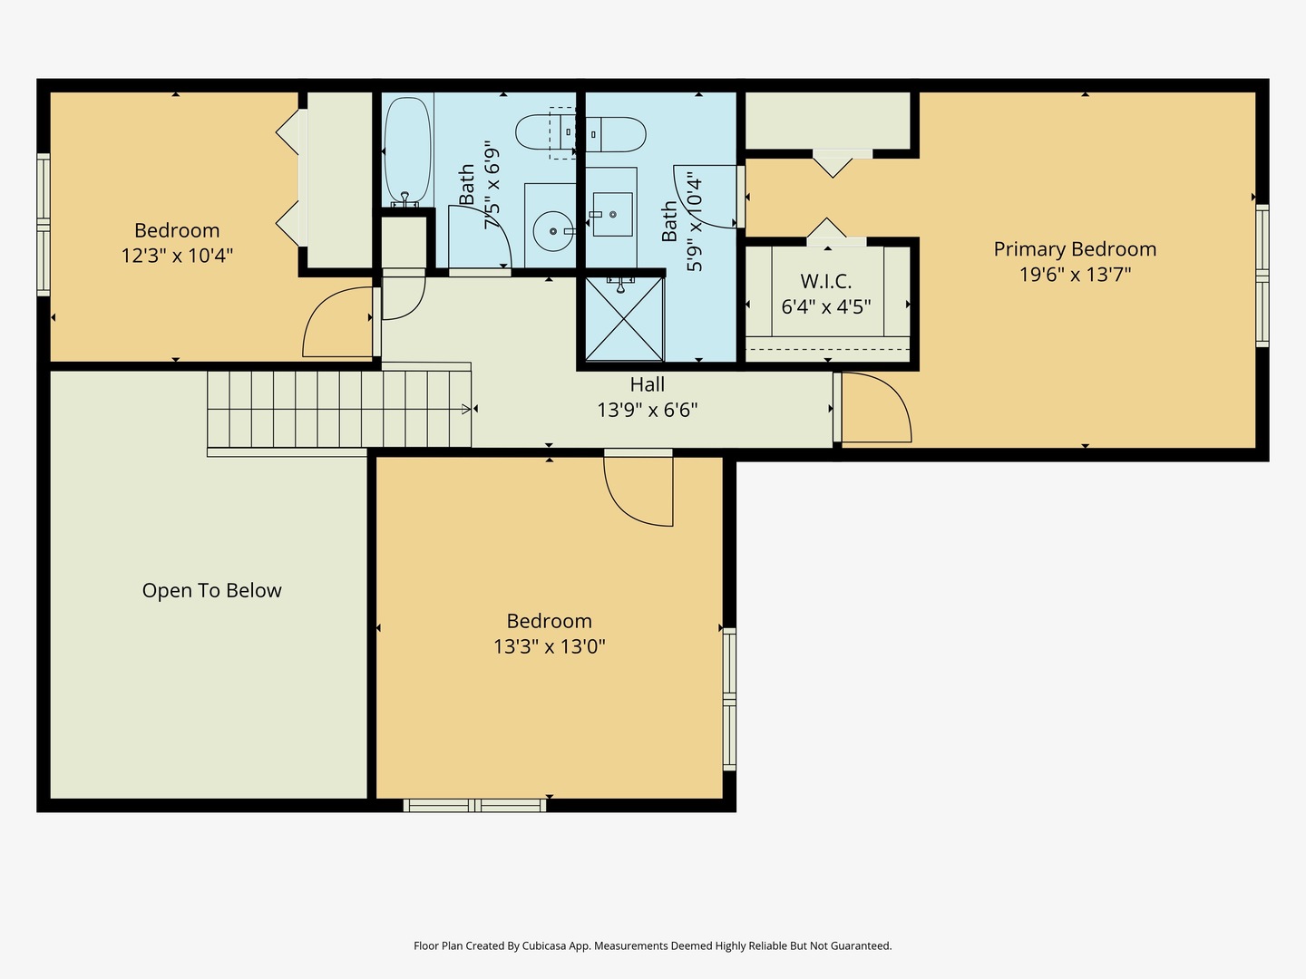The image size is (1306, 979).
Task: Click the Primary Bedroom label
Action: tap(1075, 249)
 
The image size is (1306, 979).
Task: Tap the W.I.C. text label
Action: tap(826, 281)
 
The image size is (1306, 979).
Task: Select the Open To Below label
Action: tap(212, 591)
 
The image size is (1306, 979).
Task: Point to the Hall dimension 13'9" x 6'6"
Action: tap(648, 410)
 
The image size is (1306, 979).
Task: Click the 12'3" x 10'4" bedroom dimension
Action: tap(177, 256)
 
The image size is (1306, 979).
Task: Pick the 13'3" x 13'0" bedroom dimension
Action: tap(550, 646)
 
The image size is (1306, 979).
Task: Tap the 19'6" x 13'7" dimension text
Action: tap(1075, 275)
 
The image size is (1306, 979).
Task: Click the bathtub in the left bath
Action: tap(407, 151)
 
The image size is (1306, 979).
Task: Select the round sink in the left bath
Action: tap(553, 231)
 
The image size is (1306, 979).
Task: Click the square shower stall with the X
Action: tap(624, 318)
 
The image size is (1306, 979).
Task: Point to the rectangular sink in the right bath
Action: tap(612, 214)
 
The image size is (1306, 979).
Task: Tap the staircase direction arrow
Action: tap(466, 409)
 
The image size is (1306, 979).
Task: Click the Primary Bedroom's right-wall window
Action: tap(1262, 276)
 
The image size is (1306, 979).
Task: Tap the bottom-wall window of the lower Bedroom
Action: tap(475, 806)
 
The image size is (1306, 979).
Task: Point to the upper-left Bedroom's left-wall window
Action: tap(44, 225)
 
